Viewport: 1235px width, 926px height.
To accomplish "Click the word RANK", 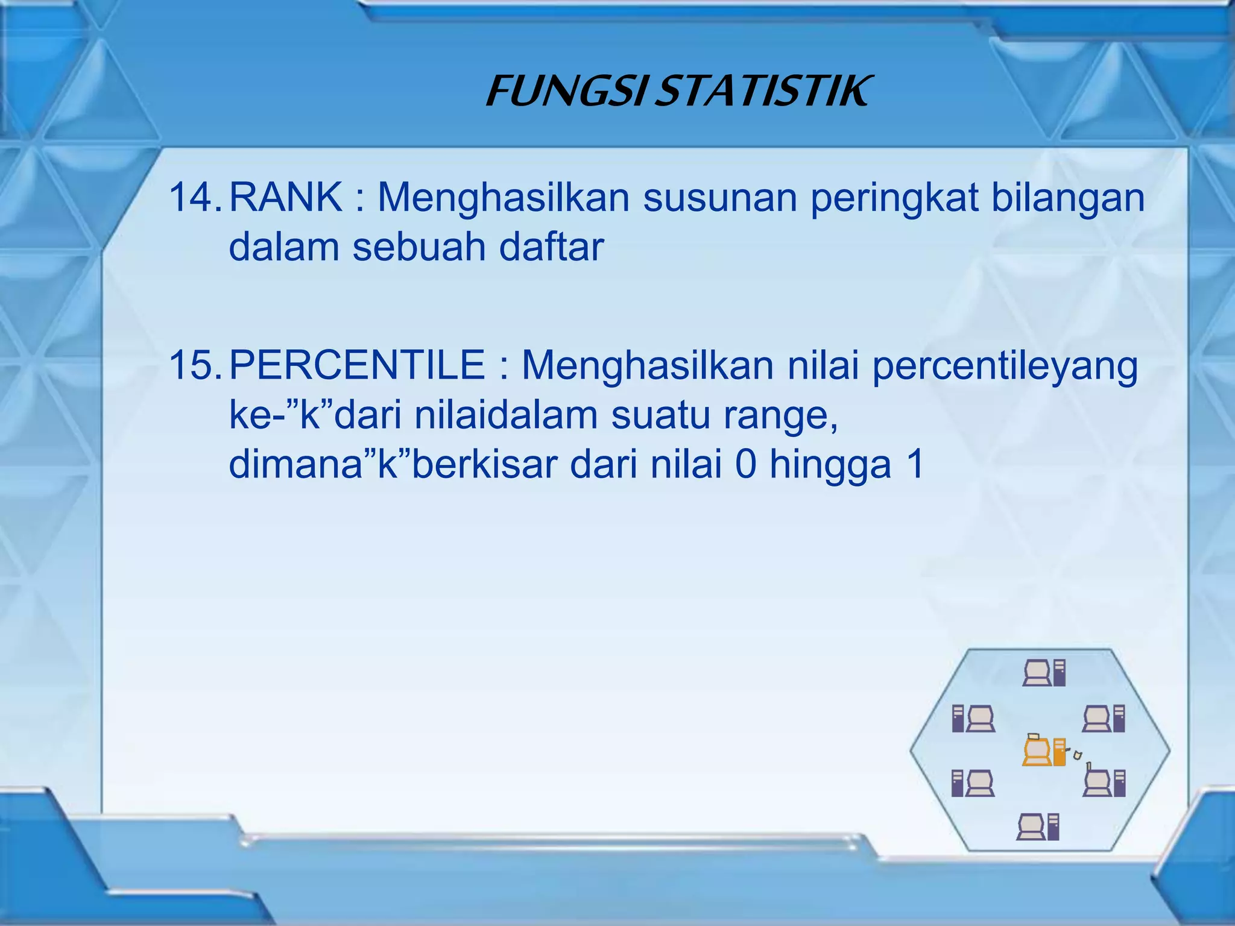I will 285,197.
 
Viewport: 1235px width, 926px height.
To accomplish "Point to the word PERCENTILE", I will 357,365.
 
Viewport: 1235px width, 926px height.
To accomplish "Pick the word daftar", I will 551,247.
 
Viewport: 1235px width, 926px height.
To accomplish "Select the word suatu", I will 661,416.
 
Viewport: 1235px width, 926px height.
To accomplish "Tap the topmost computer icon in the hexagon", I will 1044,673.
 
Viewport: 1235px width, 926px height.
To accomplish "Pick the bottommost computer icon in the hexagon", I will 1038,827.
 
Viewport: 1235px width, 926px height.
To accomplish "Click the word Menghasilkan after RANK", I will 504,198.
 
